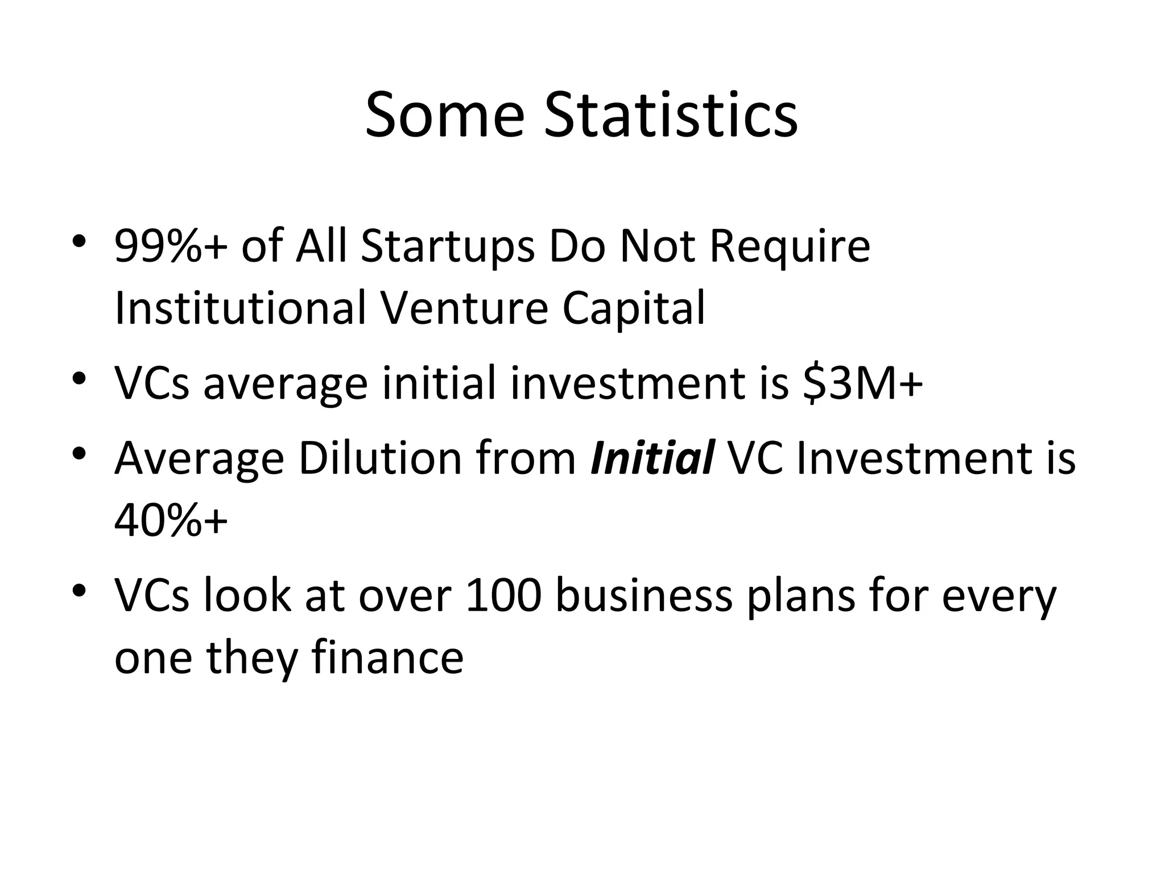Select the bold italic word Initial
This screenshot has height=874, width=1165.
click(x=652, y=458)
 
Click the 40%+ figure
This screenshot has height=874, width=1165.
click(x=171, y=520)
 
